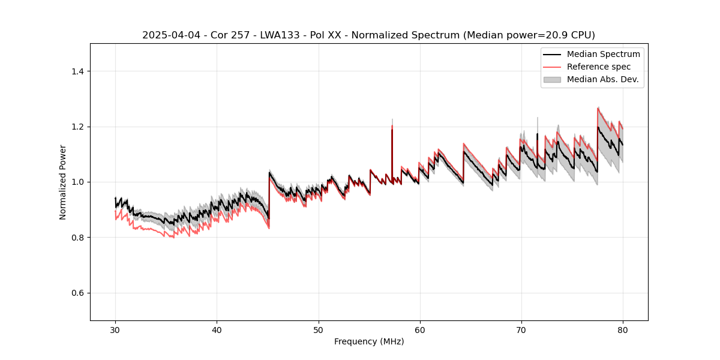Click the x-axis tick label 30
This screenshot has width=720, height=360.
coord(115,329)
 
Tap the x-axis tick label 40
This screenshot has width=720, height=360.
coord(217,329)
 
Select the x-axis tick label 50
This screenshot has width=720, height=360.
coord(318,329)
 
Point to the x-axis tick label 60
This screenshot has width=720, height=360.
coord(419,329)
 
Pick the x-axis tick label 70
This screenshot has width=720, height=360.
coord(521,329)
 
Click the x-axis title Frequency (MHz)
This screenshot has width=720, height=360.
coord(369,341)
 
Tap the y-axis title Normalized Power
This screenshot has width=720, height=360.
coord(63,182)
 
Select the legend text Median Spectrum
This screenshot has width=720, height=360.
coord(603,54)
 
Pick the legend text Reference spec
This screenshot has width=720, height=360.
coord(599,67)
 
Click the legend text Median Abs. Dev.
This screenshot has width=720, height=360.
coord(602,79)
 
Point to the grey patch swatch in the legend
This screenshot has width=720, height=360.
coord(552,79)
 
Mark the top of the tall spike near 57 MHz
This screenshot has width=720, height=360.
coord(392,119)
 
